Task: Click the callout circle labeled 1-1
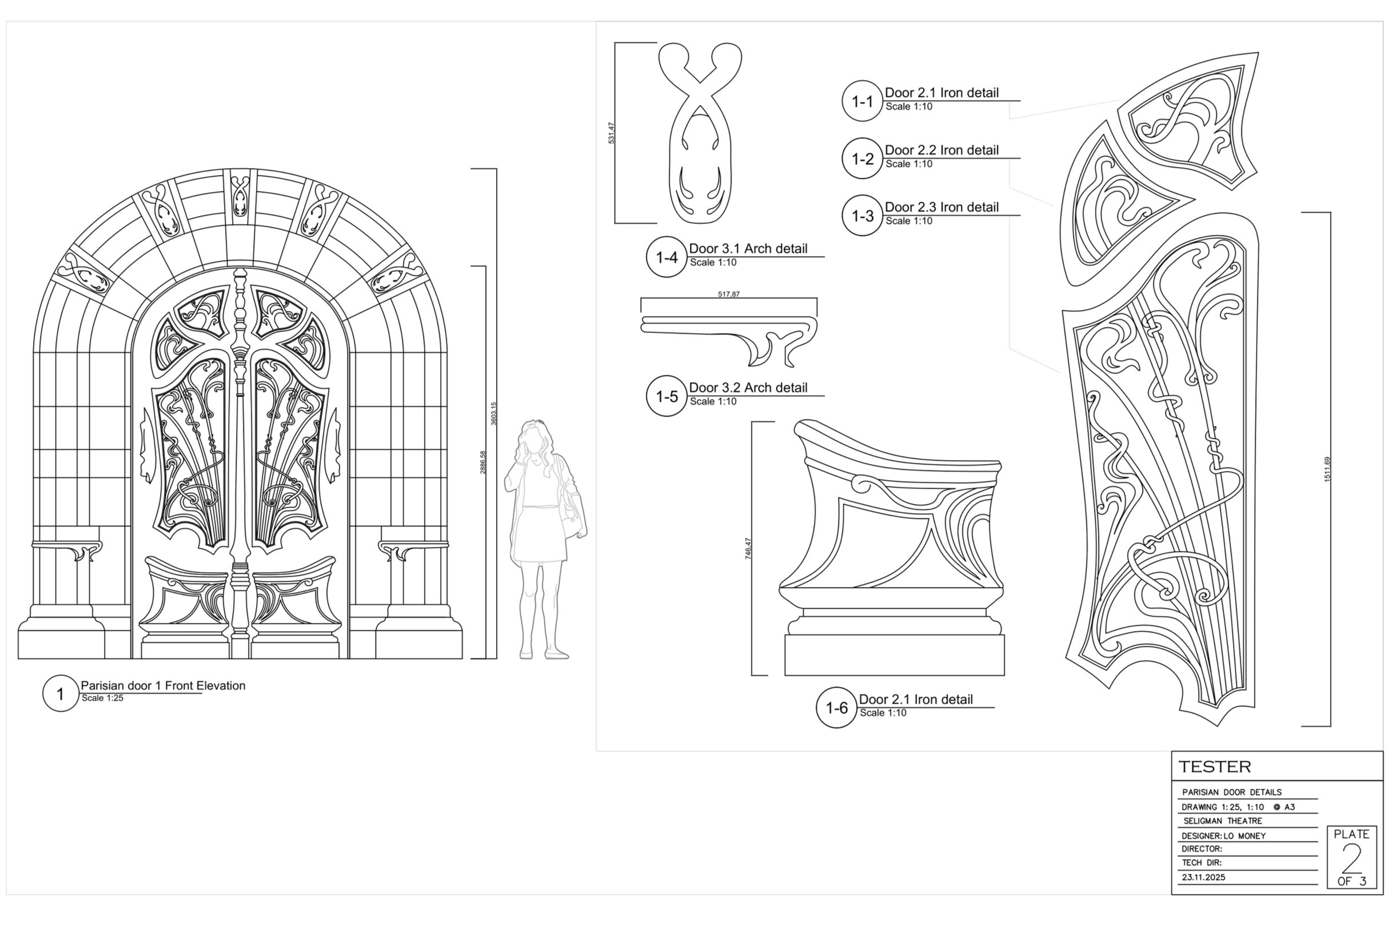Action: point(862,101)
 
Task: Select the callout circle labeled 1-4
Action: point(666,257)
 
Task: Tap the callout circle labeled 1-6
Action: point(836,708)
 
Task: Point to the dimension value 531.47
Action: point(612,133)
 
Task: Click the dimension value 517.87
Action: point(729,294)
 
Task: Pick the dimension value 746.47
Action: point(748,549)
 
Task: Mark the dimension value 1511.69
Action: point(1328,469)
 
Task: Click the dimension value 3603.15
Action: point(494,413)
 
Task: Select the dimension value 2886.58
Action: point(482,462)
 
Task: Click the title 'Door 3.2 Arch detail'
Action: point(748,388)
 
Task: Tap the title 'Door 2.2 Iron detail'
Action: point(942,150)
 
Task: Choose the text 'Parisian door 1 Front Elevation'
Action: point(163,686)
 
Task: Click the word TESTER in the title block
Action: point(1215,767)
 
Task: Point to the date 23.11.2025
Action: point(1204,877)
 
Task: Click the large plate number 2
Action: point(1352,859)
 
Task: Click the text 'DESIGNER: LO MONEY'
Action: point(1224,836)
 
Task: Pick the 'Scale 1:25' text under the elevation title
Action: point(102,698)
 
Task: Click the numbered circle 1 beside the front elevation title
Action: point(60,693)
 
